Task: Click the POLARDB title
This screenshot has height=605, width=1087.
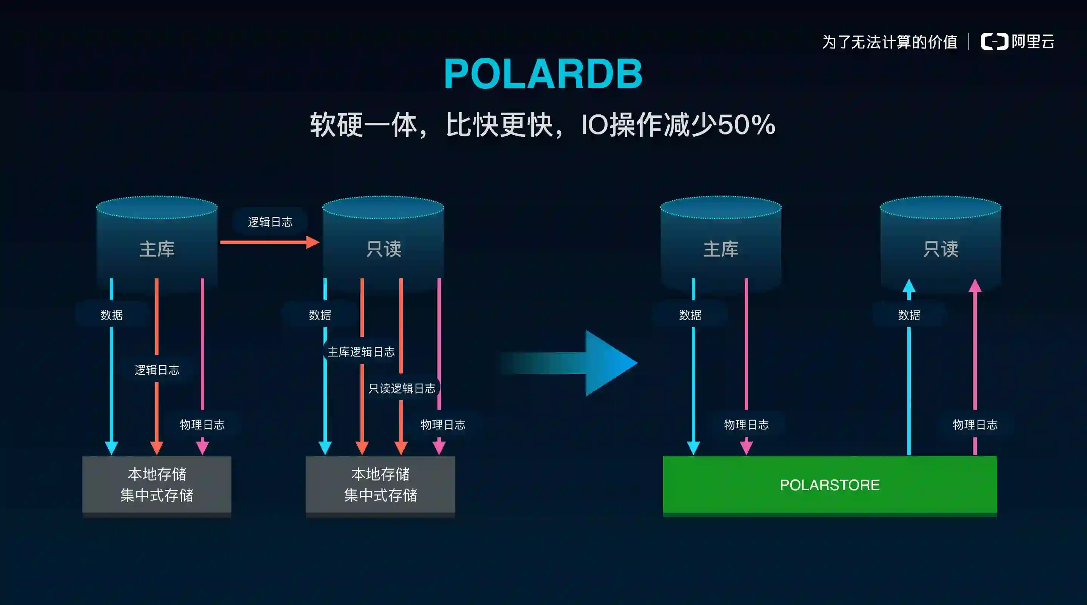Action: click(543, 74)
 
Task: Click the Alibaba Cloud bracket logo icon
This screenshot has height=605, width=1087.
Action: click(994, 42)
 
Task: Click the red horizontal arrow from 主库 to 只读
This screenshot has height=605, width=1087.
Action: click(270, 242)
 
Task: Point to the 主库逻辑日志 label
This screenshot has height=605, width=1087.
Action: click(361, 352)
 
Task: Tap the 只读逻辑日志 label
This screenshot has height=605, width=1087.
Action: click(402, 388)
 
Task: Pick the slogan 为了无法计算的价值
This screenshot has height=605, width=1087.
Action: click(890, 42)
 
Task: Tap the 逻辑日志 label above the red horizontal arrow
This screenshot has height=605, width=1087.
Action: click(270, 222)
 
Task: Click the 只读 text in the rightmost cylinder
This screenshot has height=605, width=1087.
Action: click(941, 249)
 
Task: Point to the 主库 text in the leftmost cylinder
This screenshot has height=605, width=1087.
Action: click(157, 249)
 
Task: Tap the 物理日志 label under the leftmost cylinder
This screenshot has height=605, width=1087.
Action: click(202, 424)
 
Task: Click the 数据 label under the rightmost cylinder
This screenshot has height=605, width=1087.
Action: click(909, 315)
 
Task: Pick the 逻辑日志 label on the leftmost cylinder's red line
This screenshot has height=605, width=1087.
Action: click(157, 370)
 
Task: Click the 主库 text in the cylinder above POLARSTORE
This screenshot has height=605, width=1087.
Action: click(721, 249)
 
